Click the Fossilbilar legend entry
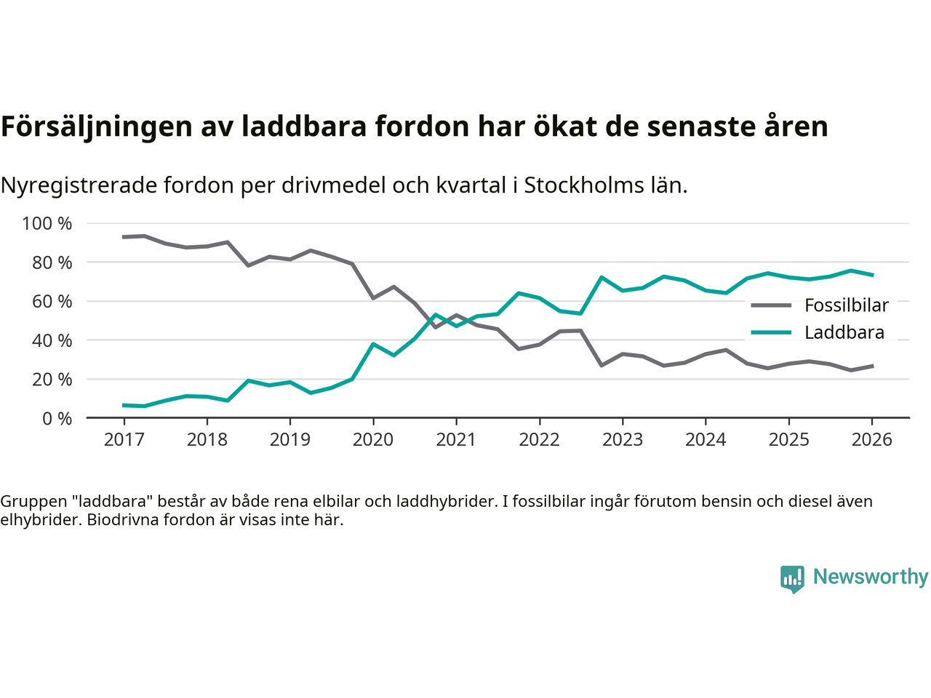pyautogui.click(x=846, y=305)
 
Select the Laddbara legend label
pyautogui.click(x=844, y=332)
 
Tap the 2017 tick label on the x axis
pyautogui.click(x=124, y=440)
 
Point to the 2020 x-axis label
pyautogui.click(x=373, y=440)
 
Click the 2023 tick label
pyautogui.click(x=623, y=440)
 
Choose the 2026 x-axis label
pyautogui.click(x=871, y=440)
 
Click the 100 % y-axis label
pyautogui.click(x=47, y=223)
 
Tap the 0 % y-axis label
pyautogui.click(x=56, y=418)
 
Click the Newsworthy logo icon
pyautogui.click(x=792, y=579)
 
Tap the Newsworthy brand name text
pyautogui.click(x=870, y=577)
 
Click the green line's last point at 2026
pyautogui.click(x=872, y=275)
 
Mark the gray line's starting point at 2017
pyautogui.click(x=124, y=237)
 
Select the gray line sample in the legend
pyautogui.click(x=770, y=305)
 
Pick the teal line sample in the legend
pyautogui.click(x=770, y=332)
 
